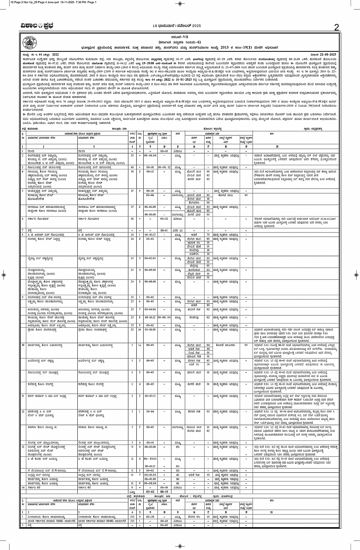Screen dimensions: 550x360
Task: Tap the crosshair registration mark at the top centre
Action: [180, 4]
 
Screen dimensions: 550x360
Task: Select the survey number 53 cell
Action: [132, 155]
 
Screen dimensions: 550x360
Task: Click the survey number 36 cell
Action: [132, 219]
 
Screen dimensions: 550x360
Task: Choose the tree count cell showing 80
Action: [208, 305]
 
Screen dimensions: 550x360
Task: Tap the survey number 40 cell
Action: [132, 167]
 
